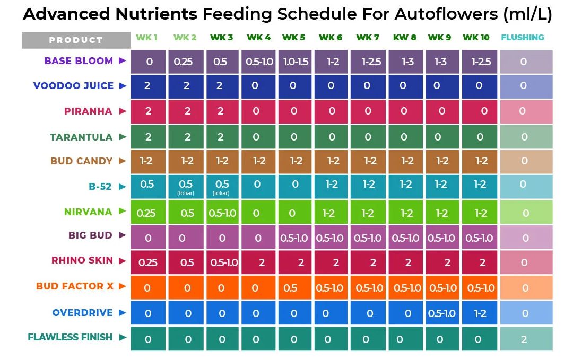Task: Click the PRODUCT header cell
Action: coord(76,40)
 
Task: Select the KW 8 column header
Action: coord(404,38)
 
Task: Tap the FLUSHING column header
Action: coord(522,38)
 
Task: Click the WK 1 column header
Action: coord(146,38)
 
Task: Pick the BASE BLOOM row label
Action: coord(79,61)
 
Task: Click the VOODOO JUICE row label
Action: coord(73,86)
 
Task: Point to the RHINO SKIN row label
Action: coord(82,260)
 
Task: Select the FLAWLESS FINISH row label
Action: coord(70,337)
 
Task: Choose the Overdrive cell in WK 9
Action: coord(441,313)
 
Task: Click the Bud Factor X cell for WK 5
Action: coord(290,288)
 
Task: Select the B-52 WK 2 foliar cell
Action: coord(186,187)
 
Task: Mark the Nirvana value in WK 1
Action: coord(146,213)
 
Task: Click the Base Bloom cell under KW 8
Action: coord(407,62)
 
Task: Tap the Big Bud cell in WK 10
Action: coord(479,238)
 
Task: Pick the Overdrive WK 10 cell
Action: coord(480,313)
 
